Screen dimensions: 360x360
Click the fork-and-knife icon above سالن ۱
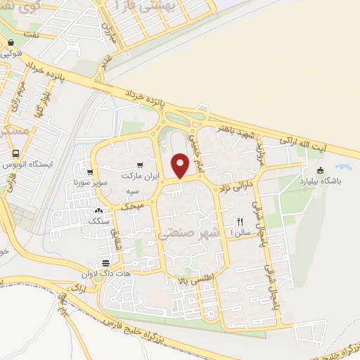point(240,220)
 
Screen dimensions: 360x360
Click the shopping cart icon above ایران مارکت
point(148,160)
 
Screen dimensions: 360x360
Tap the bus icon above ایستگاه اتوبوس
point(16,153)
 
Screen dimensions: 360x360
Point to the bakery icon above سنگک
point(99,210)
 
